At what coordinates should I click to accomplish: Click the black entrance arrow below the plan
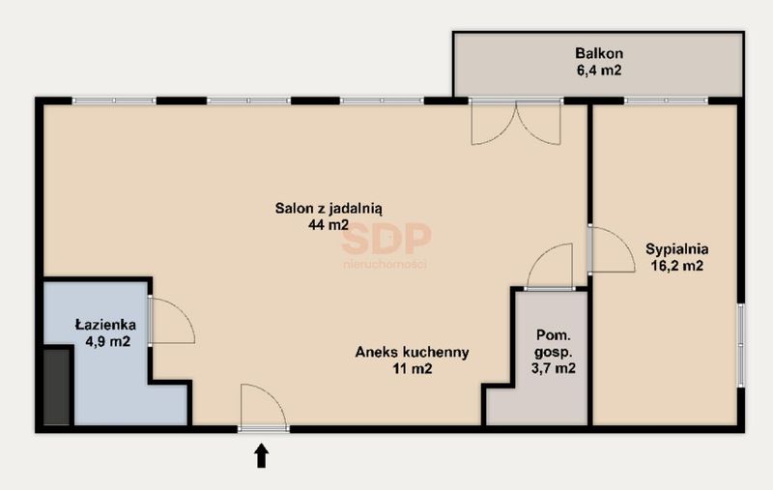coord(261,455)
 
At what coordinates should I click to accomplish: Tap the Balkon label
coord(599,53)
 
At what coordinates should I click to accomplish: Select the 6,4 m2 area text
coord(599,70)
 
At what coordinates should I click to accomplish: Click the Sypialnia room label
coord(677,249)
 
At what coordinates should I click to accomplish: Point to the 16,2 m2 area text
coord(677,266)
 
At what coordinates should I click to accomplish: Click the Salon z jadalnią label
coord(329,209)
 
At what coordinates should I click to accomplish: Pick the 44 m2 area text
coord(329,225)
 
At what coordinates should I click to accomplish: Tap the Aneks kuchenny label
coord(413,352)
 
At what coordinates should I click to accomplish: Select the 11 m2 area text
coord(413,368)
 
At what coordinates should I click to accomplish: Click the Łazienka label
coord(105,325)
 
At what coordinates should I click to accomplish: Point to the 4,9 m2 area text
coord(108,341)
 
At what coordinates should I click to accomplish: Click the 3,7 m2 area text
coord(553,368)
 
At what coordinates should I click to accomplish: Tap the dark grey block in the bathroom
coord(58,387)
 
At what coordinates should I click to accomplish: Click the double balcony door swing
coord(516,123)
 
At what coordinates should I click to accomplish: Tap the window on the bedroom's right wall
coord(740,345)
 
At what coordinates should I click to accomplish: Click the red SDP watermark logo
coord(386,245)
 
